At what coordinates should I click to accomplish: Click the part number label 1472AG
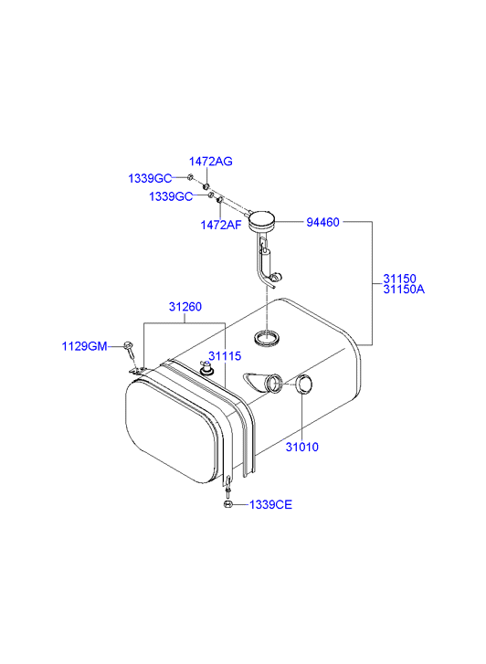click(211, 162)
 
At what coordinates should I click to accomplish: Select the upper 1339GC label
click(150, 178)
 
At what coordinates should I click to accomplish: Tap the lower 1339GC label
click(171, 196)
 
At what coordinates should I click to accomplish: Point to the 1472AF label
click(221, 225)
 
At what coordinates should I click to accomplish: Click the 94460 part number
click(322, 222)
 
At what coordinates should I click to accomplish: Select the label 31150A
click(404, 290)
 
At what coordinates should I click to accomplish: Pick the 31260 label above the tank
click(185, 307)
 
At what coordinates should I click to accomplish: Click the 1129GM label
click(85, 346)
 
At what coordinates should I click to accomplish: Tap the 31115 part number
click(225, 356)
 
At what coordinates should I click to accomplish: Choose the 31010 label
click(302, 448)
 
